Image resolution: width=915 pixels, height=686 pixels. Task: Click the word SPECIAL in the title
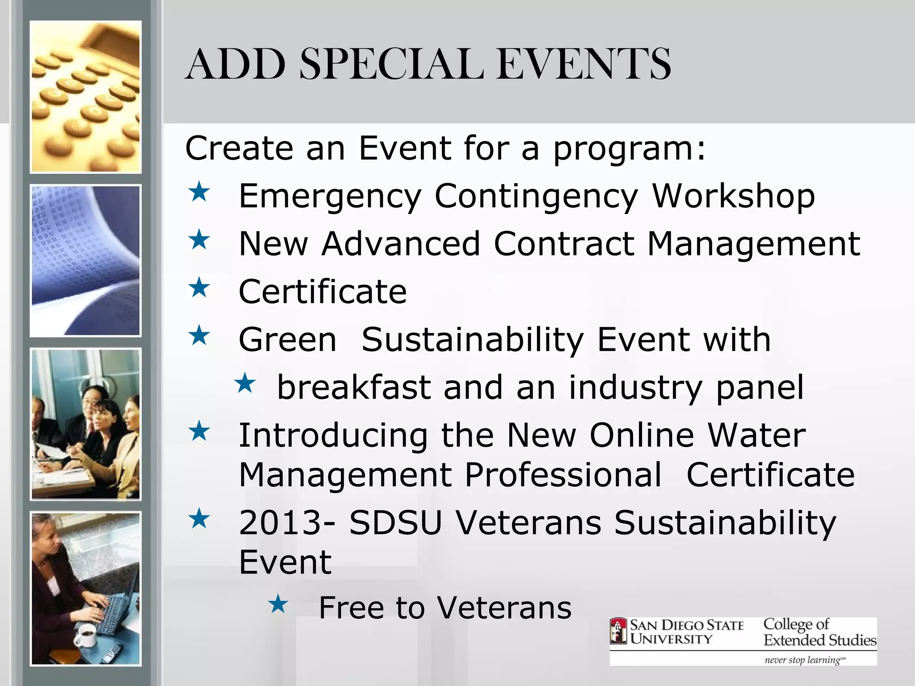tap(392, 65)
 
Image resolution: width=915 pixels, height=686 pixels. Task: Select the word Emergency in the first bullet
tap(330, 197)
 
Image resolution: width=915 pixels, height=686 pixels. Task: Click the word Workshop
tap(734, 197)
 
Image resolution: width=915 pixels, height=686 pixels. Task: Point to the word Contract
tap(564, 244)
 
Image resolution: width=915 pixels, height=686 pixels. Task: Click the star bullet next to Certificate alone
tap(199, 288)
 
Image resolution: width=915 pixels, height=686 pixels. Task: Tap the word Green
tap(288, 339)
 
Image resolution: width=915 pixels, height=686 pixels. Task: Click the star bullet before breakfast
tap(245, 384)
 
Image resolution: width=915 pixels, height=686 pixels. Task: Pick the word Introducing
tap(333, 435)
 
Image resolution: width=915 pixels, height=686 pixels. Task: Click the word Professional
tap(563, 474)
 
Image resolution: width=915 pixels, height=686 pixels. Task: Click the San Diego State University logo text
tap(686, 632)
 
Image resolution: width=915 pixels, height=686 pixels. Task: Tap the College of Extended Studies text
tap(819, 632)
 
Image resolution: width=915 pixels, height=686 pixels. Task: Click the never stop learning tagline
tap(804, 660)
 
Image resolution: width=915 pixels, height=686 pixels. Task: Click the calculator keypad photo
tap(85, 97)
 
